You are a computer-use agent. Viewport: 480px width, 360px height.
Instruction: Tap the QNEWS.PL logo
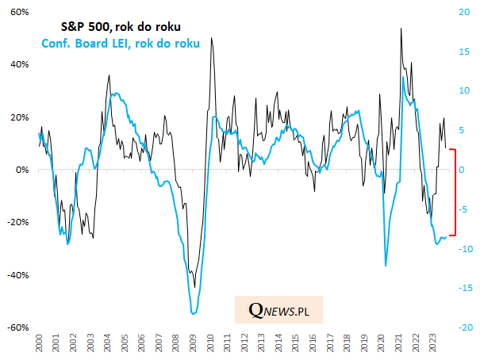(278, 311)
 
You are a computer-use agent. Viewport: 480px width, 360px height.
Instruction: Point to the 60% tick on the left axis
(21, 13)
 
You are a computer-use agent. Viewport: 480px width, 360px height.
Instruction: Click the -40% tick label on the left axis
(18, 274)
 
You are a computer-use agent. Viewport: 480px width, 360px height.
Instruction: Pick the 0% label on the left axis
(23, 170)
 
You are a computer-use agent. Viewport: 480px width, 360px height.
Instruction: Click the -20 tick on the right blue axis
(466, 327)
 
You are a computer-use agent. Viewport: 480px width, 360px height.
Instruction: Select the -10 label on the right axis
(466, 248)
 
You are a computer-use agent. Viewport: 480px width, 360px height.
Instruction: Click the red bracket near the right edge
(453, 192)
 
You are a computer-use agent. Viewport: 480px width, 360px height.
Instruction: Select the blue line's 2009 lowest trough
(194, 314)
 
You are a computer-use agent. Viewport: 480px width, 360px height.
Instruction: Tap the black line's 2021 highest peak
(401, 29)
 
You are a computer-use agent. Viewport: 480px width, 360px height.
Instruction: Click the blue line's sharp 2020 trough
(386, 266)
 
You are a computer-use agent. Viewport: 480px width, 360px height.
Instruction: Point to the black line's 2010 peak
(211, 38)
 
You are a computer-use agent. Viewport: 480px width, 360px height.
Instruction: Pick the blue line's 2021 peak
(404, 77)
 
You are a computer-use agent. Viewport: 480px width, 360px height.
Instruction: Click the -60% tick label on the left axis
(18, 327)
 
